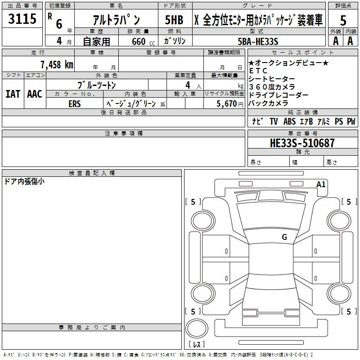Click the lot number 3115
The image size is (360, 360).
pyautogui.click(x=22, y=19)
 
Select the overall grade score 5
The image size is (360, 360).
pyautogui.click(x=343, y=20)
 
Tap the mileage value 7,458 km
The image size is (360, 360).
pyautogui.click(x=57, y=64)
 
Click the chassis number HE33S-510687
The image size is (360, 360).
pyautogui.click(x=302, y=143)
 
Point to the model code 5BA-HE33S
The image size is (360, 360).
pyautogui.click(x=258, y=41)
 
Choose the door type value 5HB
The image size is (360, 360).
pyautogui.click(x=174, y=20)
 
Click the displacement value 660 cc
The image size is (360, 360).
pyautogui.click(x=143, y=42)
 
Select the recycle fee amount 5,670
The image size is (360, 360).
pyautogui.click(x=227, y=104)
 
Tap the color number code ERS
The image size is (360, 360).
pyautogui.click(x=75, y=104)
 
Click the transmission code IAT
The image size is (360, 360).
pyautogui.click(x=13, y=94)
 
